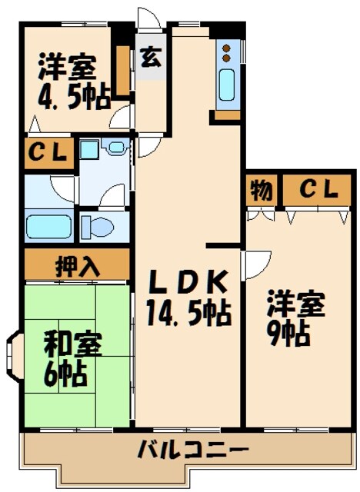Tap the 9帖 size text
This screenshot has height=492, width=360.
[289, 334]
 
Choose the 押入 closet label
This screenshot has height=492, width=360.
[77, 267]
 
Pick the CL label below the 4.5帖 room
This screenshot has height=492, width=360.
[48, 153]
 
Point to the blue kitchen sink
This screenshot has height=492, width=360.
[227, 87]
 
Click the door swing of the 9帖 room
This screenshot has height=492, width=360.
[254, 265]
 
